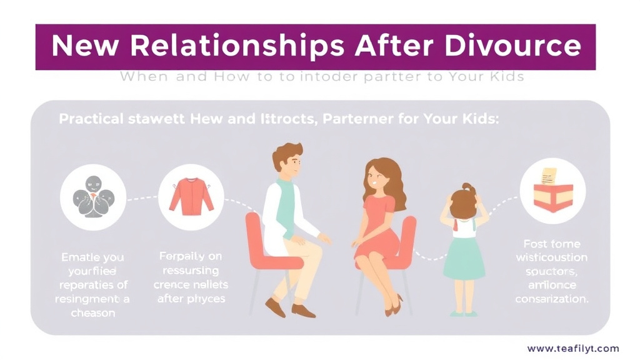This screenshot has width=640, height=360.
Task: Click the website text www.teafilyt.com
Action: (573, 349)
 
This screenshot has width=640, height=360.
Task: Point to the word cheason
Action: (92, 313)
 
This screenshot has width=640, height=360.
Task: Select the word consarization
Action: (552, 299)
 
